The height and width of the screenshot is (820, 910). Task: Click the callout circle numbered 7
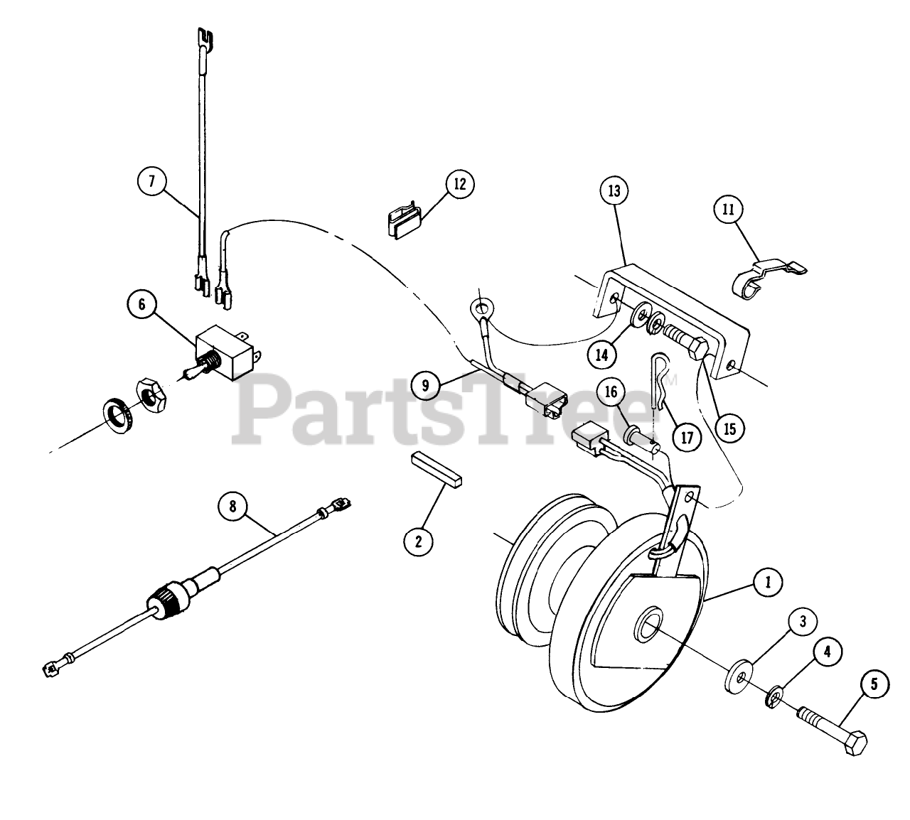[151, 180]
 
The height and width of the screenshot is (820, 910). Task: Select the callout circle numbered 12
[460, 184]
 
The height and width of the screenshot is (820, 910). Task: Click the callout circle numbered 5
[874, 684]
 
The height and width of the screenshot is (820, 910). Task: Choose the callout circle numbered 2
[418, 541]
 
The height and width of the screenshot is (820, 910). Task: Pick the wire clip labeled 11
[764, 277]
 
